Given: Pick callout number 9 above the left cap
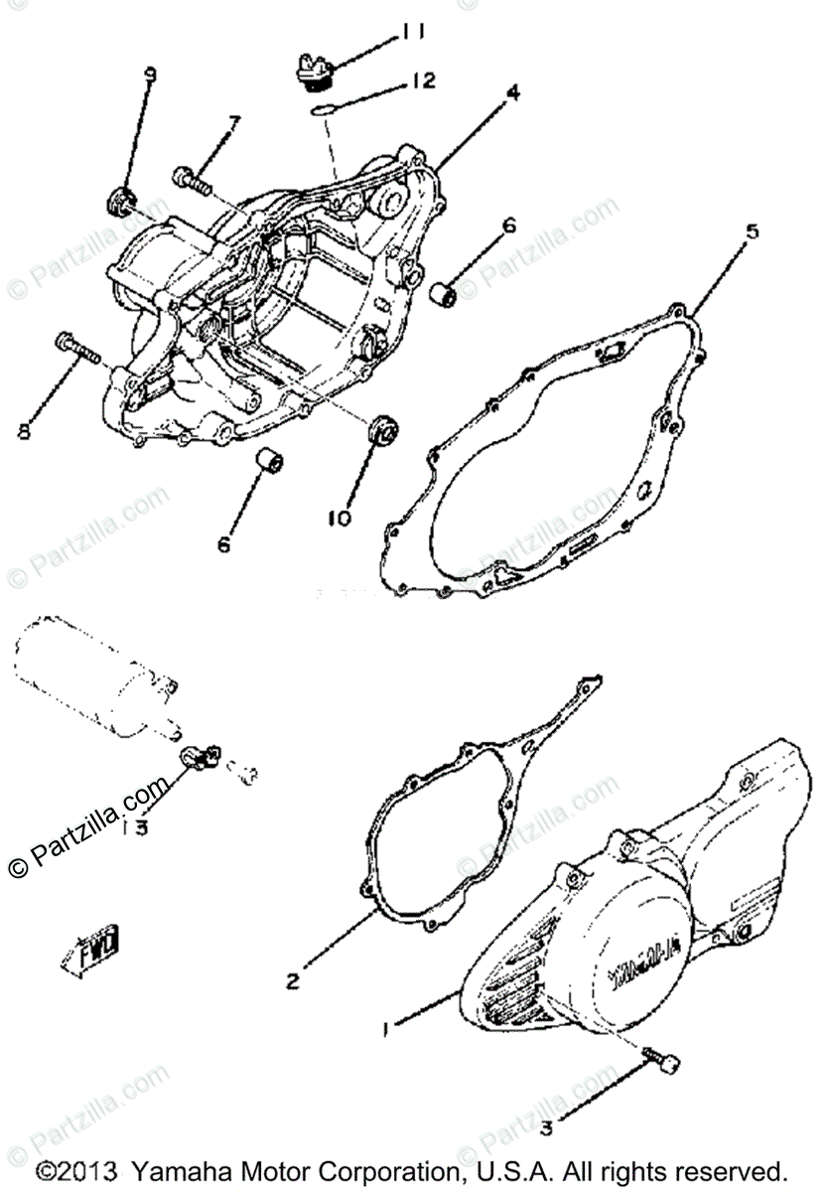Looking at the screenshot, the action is tap(150, 74).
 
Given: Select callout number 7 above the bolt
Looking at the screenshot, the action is tap(235, 124).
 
